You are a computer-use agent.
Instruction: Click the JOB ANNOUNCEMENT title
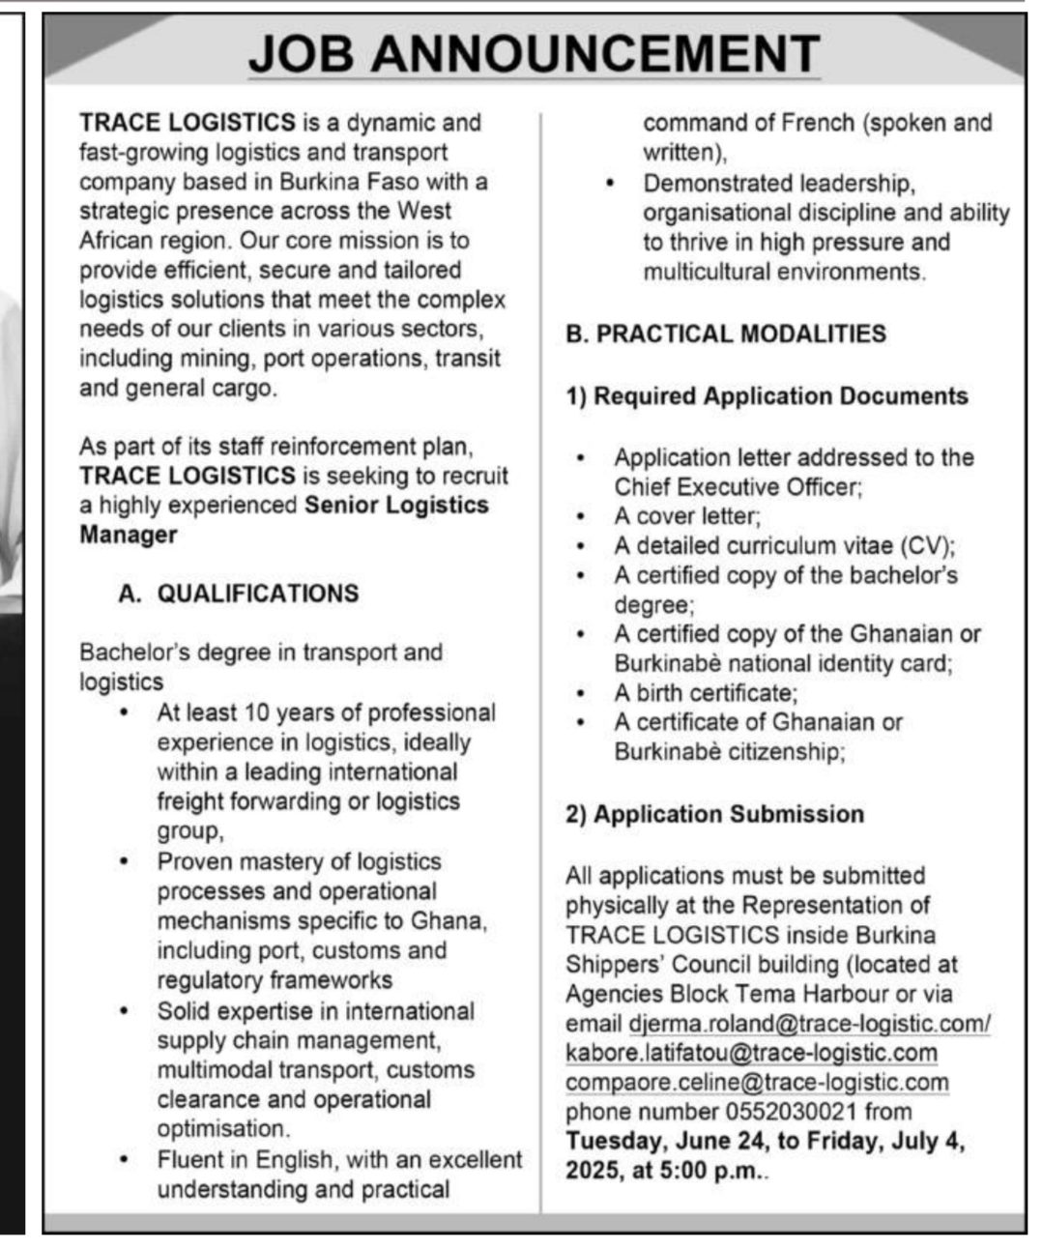(534, 53)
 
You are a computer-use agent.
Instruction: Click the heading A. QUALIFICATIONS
(238, 593)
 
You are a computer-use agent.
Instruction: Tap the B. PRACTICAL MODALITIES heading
(725, 334)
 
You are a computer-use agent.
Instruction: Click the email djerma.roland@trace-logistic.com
(809, 1024)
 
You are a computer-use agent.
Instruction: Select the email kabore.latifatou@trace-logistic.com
(751, 1053)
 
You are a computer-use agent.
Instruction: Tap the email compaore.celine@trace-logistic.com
(757, 1083)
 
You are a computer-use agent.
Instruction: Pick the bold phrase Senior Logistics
(396, 505)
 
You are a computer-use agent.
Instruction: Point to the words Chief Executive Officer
(737, 486)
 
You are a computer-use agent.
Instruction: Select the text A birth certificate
(705, 693)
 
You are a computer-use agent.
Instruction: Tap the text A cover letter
(686, 516)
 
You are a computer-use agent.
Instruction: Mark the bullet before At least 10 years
(124, 712)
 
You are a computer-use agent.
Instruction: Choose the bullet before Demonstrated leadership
(609, 183)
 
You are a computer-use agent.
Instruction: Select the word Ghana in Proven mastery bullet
(445, 920)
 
